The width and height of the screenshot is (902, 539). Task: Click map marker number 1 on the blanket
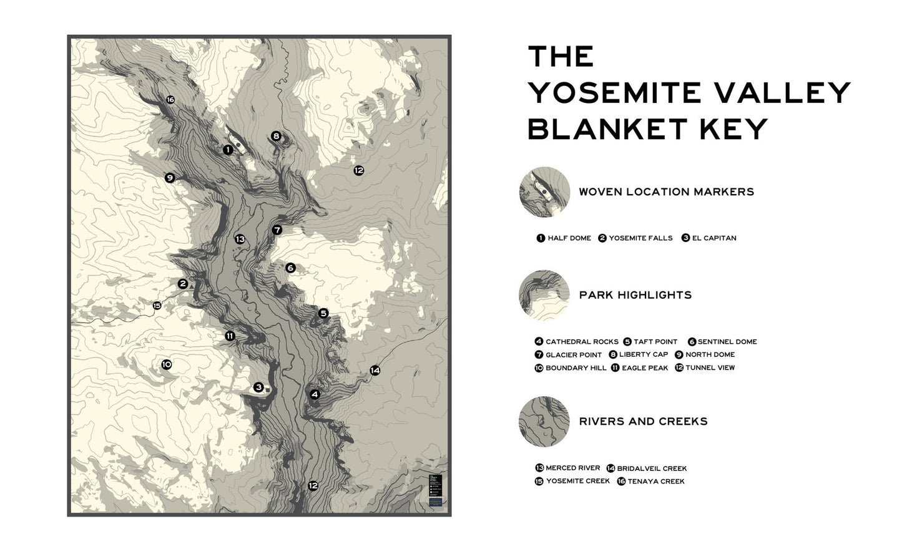[x=228, y=150]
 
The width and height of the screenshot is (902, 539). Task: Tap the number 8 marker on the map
[x=276, y=136]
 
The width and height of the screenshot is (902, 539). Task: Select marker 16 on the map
[x=170, y=100]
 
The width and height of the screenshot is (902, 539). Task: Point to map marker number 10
[x=166, y=364]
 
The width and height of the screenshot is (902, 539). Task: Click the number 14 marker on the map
[x=375, y=371]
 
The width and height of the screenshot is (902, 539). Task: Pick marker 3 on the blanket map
[x=258, y=387]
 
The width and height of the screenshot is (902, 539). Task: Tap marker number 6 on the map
[x=290, y=268]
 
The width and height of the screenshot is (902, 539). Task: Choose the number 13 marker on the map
[x=240, y=239]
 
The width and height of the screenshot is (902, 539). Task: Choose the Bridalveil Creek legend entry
[x=651, y=468]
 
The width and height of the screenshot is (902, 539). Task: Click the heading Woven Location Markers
[x=666, y=192]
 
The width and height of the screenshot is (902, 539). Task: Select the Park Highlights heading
[x=635, y=295]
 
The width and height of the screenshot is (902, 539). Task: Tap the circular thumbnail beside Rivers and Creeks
[x=544, y=421]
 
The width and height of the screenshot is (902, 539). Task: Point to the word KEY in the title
[x=738, y=129]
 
